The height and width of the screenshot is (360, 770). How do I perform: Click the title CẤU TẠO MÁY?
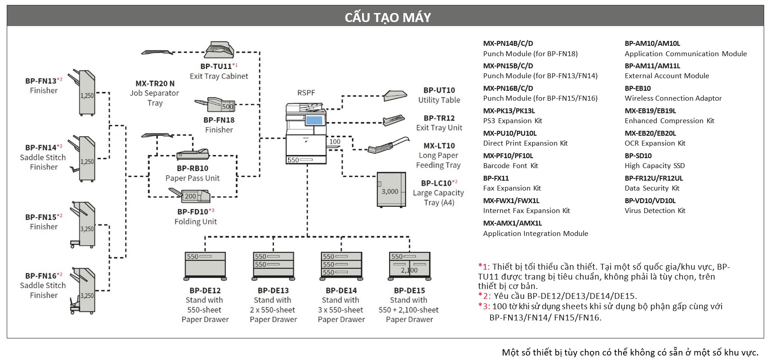pos(387,17)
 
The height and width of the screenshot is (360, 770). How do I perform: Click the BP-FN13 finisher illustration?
pos(83,93)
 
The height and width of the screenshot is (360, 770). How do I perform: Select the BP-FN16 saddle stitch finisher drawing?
pos(83,291)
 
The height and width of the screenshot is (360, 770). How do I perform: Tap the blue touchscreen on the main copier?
pos(314,120)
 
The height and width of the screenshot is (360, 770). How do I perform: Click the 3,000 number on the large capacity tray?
pos(390,191)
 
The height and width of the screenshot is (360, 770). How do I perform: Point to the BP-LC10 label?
pos(436,183)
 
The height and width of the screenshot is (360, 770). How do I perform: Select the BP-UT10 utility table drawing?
pos(395,95)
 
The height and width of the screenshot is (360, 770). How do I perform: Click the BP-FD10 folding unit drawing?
pos(190,196)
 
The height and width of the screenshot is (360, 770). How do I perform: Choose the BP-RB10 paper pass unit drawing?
pos(192,155)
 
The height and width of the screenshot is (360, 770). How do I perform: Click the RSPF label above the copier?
pos(306,93)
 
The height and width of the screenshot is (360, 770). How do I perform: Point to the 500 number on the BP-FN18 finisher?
pos(228,107)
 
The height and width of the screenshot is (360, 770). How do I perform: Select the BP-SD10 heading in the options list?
pos(638,156)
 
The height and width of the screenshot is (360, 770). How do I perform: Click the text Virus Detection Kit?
pos(655,211)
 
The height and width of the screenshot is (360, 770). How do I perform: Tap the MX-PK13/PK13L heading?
pos(509,111)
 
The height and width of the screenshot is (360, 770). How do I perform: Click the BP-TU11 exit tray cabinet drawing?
pos(219,49)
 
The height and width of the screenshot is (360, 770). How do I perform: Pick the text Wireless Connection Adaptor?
pos(673,98)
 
